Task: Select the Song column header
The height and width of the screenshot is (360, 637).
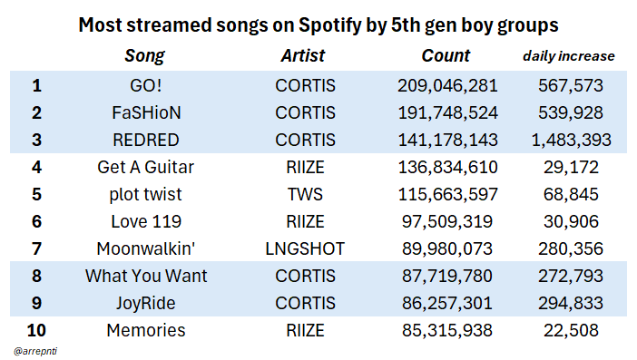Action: tap(144, 56)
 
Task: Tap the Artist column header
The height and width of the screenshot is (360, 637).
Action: tap(303, 55)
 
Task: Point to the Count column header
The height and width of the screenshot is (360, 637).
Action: tap(446, 55)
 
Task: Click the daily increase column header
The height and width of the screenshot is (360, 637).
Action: tap(569, 56)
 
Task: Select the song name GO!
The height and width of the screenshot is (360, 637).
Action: tap(146, 85)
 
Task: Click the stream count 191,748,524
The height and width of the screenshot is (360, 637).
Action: tap(447, 112)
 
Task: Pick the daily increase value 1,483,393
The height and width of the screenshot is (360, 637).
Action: tap(571, 140)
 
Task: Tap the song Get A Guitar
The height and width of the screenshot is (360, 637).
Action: tap(146, 167)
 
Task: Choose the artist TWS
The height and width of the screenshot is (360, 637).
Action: tap(305, 194)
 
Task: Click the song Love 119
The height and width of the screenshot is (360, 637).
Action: tap(146, 221)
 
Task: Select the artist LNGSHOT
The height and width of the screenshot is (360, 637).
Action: tap(305, 248)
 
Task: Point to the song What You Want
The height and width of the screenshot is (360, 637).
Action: tap(146, 276)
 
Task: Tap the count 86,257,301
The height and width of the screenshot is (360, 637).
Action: tap(447, 303)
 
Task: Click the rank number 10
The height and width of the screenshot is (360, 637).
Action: tap(36, 330)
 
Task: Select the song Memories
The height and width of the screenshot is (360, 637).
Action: tap(146, 330)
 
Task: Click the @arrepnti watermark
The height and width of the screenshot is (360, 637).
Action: tap(35, 351)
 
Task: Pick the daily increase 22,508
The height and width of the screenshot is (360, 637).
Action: tap(571, 330)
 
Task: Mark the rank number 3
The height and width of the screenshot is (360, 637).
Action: tap(36, 140)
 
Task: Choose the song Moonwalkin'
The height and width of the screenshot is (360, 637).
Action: tap(146, 248)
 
